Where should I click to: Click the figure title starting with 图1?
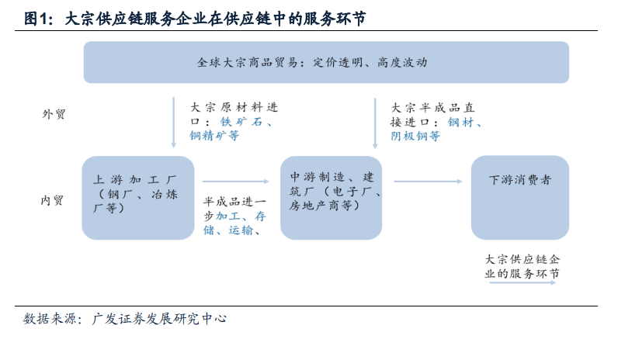[x=195, y=19]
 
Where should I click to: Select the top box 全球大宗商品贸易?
[x=326, y=62]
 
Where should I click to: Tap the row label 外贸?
[x=54, y=114]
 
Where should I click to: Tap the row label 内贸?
[x=52, y=200]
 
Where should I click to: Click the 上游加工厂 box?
[x=138, y=198]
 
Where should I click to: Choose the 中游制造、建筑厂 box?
[x=331, y=198]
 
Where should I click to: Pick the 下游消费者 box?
[x=520, y=198]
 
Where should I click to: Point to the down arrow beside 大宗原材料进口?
[x=173, y=123]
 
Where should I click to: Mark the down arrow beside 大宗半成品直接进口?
[x=375, y=123]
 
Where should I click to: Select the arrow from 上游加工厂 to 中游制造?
[x=236, y=182]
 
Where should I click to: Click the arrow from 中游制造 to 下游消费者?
[x=428, y=182]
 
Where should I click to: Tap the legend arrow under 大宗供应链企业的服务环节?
[x=523, y=282]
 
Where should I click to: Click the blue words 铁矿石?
[x=241, y=122]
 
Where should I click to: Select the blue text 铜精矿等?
[x=214, y=136]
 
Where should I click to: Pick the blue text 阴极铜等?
[x=415, y=136]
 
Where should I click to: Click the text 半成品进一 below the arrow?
[x=235, y=202]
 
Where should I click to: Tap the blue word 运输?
[x=241, y=230]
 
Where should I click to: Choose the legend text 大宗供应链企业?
[x=523, y=259]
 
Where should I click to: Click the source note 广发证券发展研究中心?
[x=159, y=319]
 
